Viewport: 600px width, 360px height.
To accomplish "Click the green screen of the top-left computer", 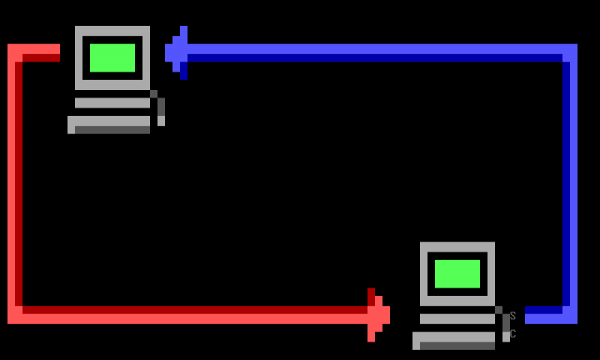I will point(112,57).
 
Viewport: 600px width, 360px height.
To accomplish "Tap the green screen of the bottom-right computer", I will point(457,273).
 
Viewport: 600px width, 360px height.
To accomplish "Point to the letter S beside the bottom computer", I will point(512,316).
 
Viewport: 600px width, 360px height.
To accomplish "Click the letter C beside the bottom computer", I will point(512,334).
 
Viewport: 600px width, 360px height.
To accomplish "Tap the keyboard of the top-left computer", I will point(109,124).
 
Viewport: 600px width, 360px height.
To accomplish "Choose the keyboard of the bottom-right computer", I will point(454,340).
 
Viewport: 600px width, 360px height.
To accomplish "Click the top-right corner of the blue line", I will point(570,52).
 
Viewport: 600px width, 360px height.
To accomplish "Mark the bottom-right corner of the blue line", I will point(570,315).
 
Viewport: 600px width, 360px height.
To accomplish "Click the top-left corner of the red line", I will point(15,52).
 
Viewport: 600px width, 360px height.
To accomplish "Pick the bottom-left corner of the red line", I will point(15,315).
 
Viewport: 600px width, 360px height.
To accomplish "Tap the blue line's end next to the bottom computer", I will point(530,315).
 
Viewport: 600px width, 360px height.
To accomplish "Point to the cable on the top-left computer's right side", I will point(160,108).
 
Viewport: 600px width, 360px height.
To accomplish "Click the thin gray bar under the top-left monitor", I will point(112,102).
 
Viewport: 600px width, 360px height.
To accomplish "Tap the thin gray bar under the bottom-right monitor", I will point(457,318).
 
